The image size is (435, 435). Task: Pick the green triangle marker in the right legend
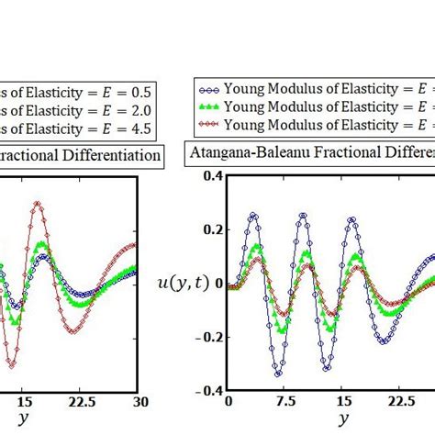[x=208, y=106]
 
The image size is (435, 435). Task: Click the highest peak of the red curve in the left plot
[x=37, y=203]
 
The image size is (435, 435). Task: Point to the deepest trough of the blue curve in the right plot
[x=278, y=374]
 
